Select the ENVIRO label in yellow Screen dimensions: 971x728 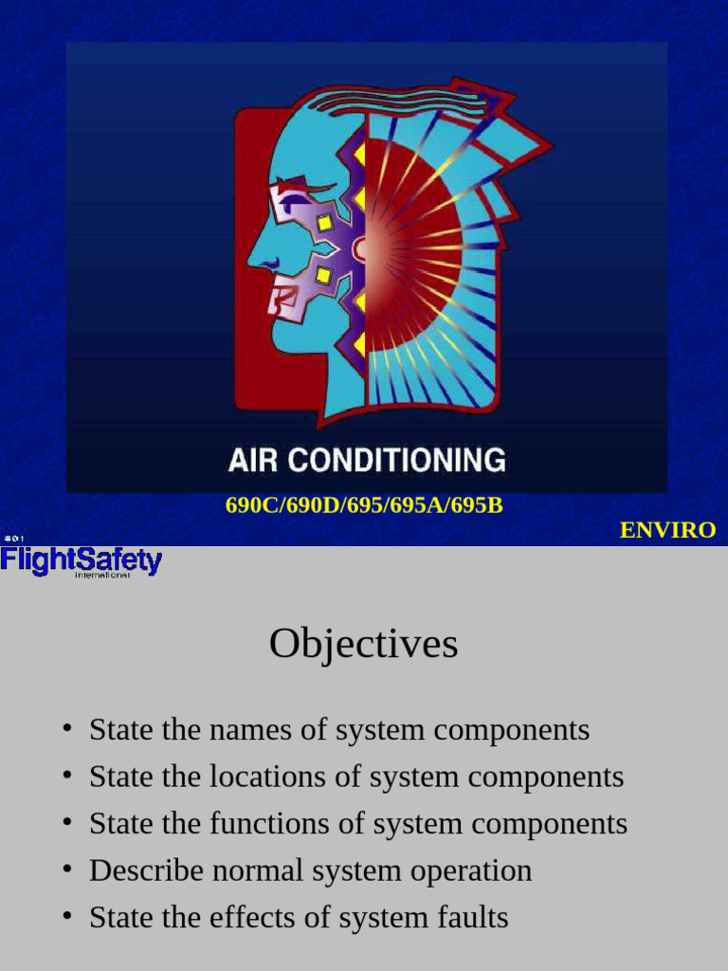667,530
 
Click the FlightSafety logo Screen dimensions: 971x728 82,560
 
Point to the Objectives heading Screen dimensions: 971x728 363,644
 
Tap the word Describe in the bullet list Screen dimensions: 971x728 142,870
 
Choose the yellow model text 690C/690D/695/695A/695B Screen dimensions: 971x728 364,504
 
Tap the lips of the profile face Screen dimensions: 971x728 274,296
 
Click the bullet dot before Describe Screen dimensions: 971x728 66,869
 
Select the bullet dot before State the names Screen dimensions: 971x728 66,729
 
